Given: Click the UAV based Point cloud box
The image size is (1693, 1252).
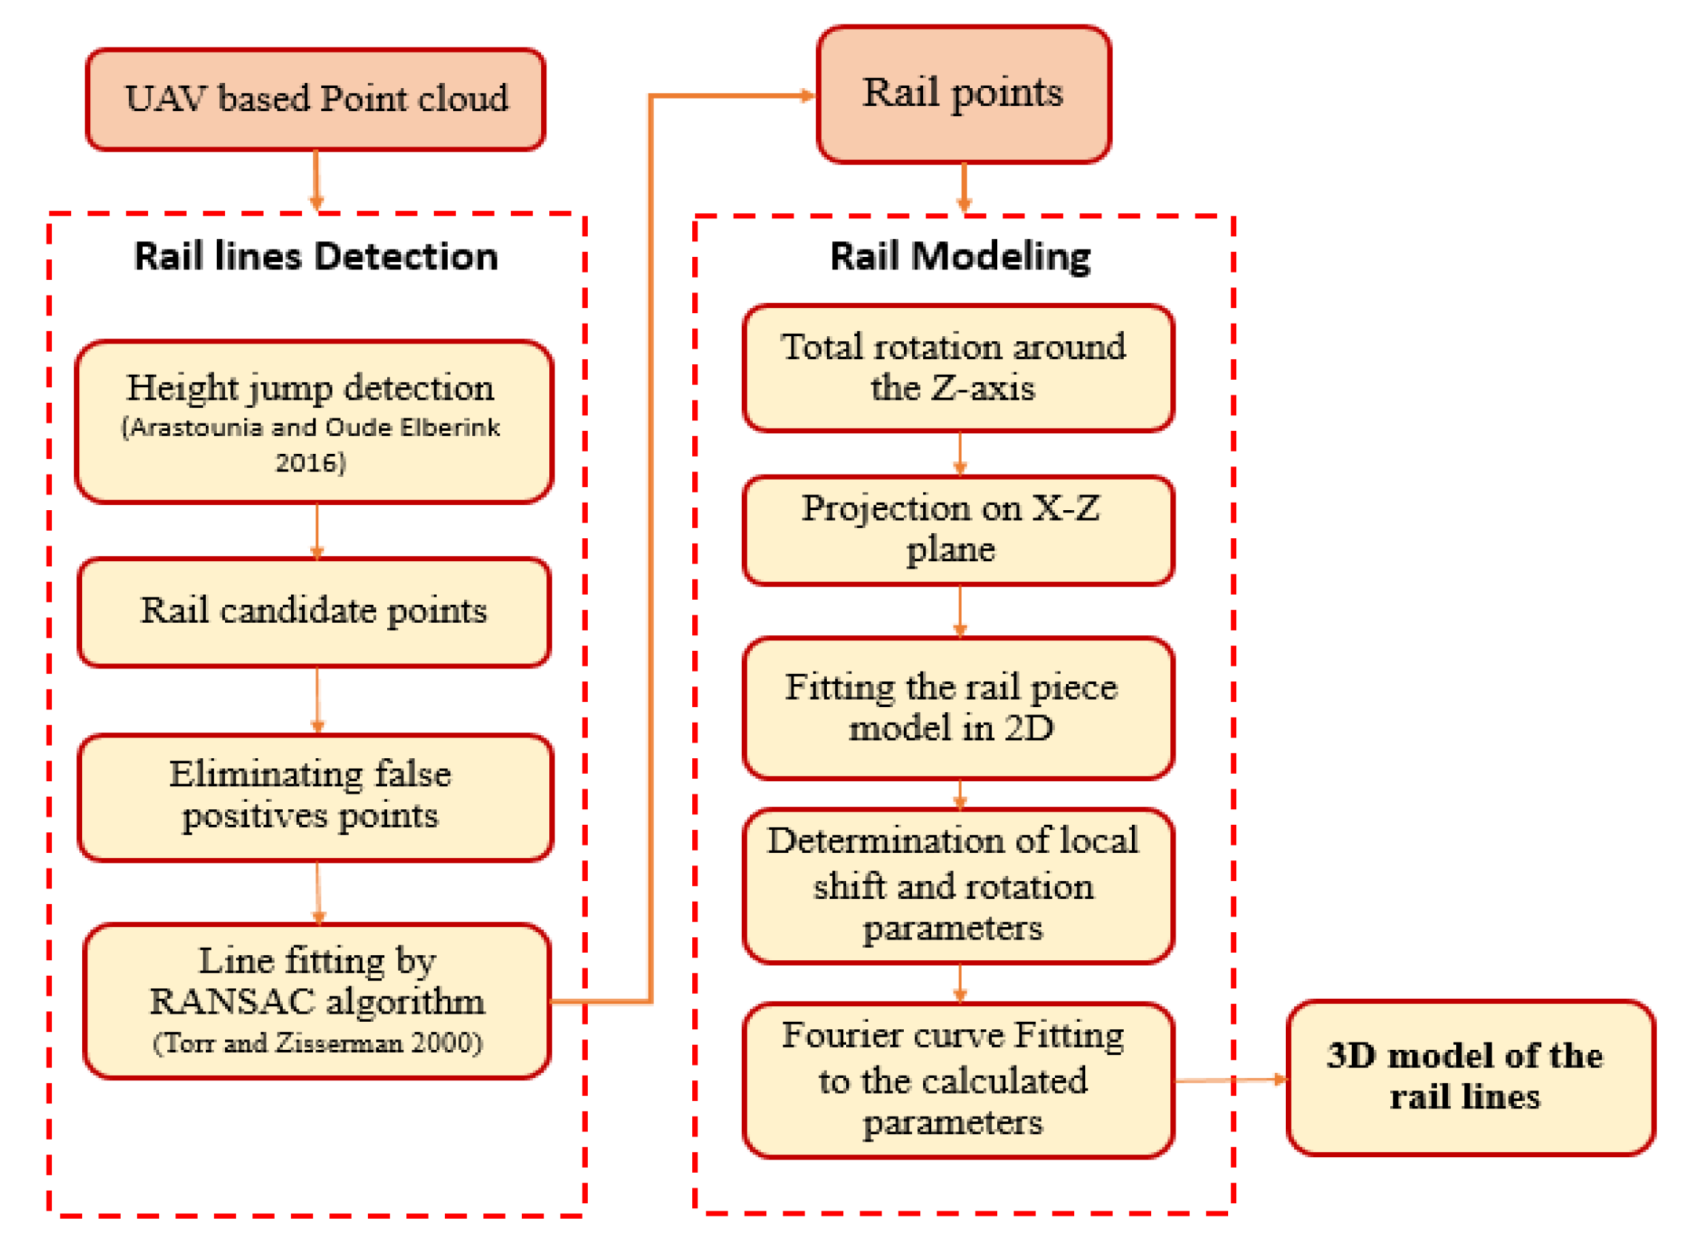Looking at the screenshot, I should (x=315, y=99).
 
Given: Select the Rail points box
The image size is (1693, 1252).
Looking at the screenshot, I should (x=963, y=94).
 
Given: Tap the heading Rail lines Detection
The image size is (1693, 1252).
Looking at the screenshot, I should (x=316, y=256).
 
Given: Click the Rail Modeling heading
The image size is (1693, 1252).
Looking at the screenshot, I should (x=960, y=256).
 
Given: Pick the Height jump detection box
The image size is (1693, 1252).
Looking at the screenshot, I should (x=314, y=421).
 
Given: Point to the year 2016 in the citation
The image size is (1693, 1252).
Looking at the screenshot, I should (x=310, y=462).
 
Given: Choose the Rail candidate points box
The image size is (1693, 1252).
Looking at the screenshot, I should (x=314, y=612).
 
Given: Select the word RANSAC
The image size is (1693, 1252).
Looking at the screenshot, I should (x=232, y=1002).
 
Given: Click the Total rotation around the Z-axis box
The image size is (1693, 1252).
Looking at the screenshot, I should (x=958, y=368).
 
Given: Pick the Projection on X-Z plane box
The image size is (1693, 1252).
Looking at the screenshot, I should (x=958, y=530).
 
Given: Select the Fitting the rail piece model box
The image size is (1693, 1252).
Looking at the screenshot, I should (x=958, y=708).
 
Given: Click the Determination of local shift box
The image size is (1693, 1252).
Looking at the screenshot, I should (x=958, y=886).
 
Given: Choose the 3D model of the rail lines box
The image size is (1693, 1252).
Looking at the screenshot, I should (x=1469, y=1077).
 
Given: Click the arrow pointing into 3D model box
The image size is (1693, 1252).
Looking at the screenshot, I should (x=1231, y=1079).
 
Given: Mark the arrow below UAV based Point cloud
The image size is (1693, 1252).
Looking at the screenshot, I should (x=316, y=181).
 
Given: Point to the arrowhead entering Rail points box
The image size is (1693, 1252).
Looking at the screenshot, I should (x=808, y=96).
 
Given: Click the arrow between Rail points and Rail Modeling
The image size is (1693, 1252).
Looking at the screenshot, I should (x=963, y=188).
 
